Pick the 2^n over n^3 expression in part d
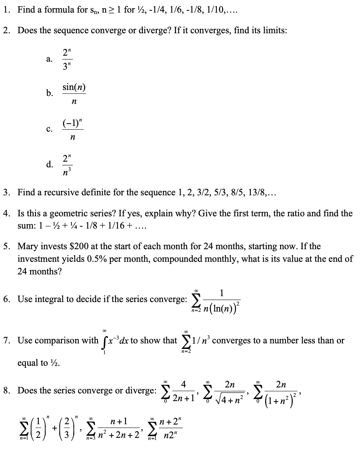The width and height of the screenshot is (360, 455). click(68, 164)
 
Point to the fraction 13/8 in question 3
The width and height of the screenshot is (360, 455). click(256, 192)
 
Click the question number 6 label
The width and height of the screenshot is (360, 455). click(6, 299)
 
